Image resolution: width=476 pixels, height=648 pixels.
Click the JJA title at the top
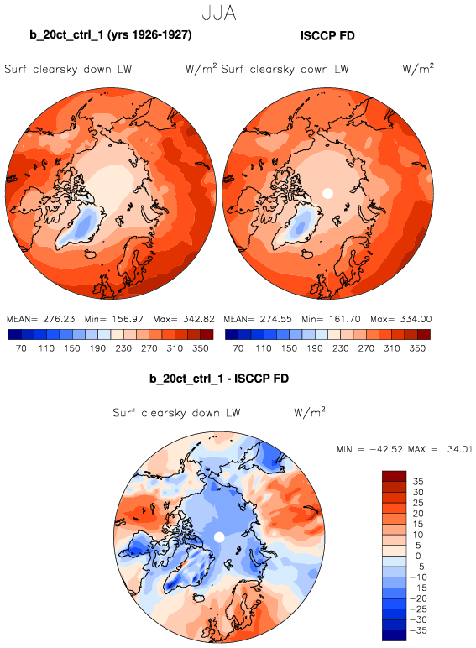click(219, 13)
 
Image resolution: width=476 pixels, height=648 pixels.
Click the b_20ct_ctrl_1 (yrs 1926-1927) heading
click(111, 35)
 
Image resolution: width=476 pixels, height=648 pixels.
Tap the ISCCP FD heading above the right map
click(327, 36)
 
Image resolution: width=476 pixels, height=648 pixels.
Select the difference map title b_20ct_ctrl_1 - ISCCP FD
click(219, 379)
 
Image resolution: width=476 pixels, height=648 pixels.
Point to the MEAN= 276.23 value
click(41, 319)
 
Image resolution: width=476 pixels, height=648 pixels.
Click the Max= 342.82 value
click(184, 319)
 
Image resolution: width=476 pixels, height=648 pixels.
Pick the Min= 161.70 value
click(331, 319)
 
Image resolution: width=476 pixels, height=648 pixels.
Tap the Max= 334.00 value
click(400, 319)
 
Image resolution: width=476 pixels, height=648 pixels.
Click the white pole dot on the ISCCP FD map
click(327, 193)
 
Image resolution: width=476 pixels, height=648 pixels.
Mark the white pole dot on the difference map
click(219, 537)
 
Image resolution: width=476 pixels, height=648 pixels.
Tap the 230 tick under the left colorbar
click(123, 348)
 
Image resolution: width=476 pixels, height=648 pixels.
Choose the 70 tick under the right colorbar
click(238, 348)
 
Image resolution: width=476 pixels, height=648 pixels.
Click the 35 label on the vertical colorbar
click(418, 482)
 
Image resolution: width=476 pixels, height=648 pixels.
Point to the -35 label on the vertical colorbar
click(418, 630)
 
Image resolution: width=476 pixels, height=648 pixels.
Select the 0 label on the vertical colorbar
click(418, 556)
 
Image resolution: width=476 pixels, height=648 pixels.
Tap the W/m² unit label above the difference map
click(310, 411)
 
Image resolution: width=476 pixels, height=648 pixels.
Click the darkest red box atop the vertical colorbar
click(395, 476)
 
